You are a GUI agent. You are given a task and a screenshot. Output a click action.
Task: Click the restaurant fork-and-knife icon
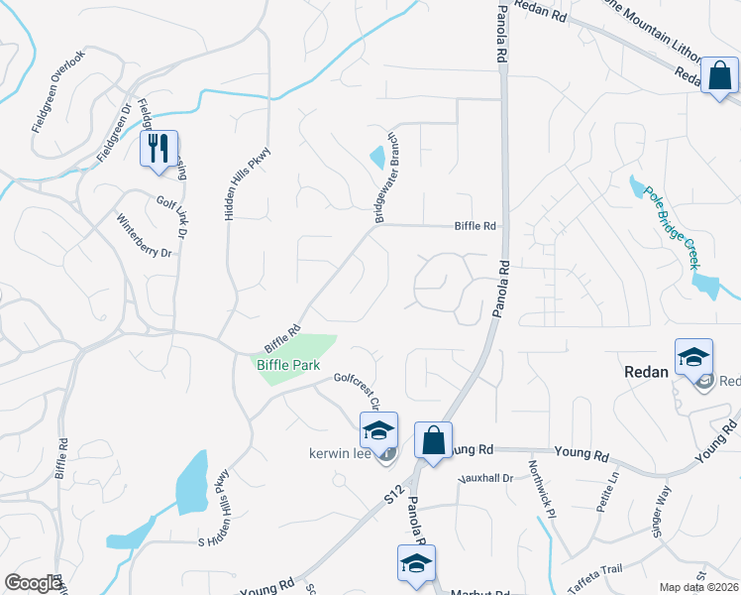(159, 149)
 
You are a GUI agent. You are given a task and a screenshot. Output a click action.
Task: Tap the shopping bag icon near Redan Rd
(720, 75)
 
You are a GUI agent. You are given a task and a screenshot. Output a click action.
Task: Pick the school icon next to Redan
(693, 357)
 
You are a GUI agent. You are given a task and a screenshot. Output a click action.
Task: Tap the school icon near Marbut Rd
(417, 563)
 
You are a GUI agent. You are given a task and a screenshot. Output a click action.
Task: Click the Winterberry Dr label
(145, 237)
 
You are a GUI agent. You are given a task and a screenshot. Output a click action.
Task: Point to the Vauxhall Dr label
(484, 478)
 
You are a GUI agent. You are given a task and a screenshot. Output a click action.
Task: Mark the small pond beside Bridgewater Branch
(377, 157)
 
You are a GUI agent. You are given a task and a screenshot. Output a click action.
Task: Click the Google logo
(33, 583)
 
